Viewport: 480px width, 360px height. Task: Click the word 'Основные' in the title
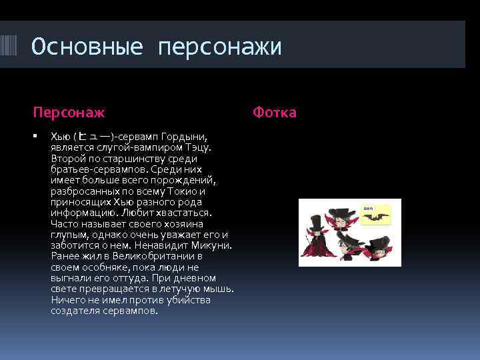pyautogui.click(x=87, y=47)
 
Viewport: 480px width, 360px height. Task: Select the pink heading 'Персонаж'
pyautogui.click(x=69, y=112)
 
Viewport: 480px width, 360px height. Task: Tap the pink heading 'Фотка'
pyautogui.click(x=275, y=112)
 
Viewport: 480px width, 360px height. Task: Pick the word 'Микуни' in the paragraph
pyautogui.click(x=214, y=245)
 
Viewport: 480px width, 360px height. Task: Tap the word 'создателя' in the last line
pyautogui.click(x=73, y=311)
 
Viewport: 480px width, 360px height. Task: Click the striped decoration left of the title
pyautogui.click(x=13, y=47)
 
